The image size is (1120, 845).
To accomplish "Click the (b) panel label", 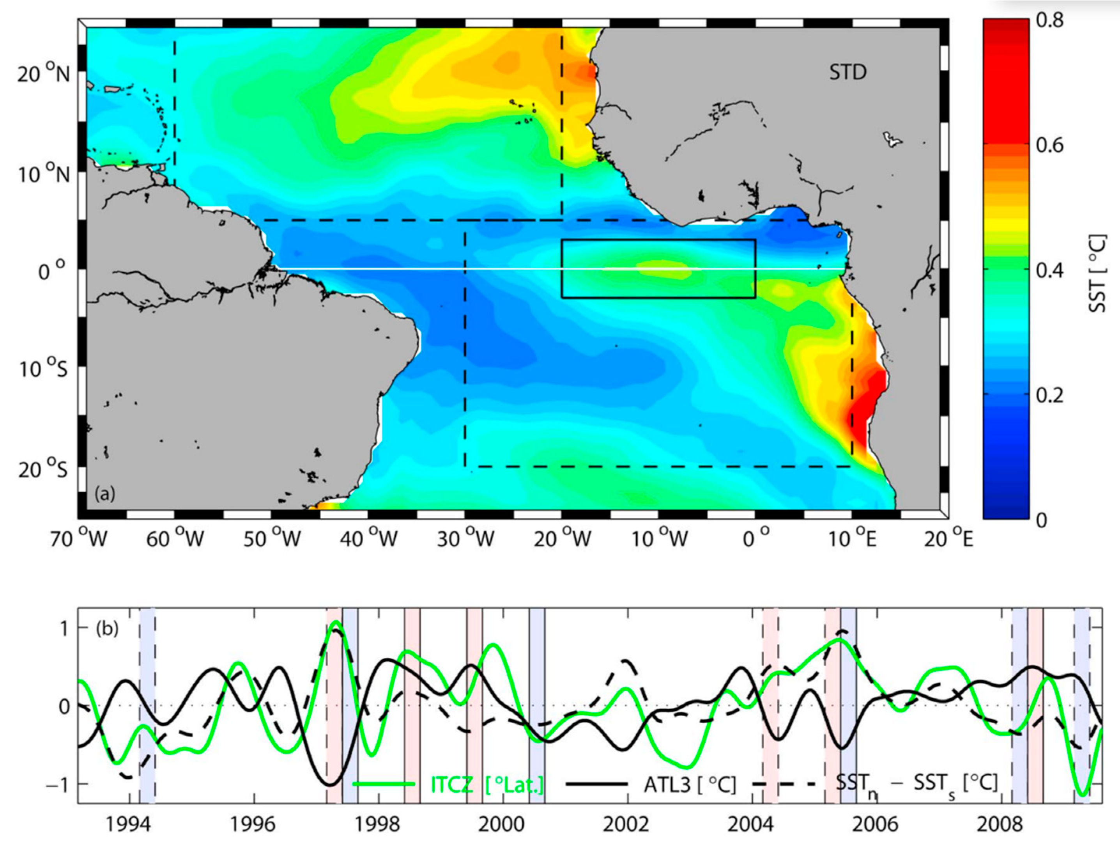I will [x=106, y=629].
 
